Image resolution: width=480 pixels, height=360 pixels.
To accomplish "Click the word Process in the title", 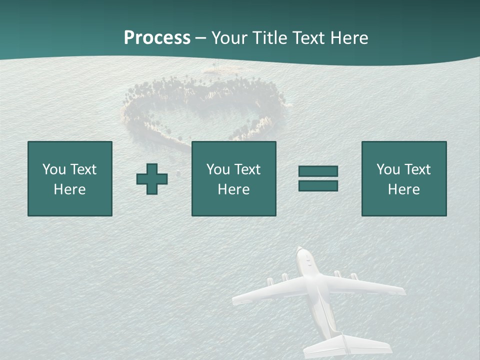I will pyautogui.click(x=157, y=38).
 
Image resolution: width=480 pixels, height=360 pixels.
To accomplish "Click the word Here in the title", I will pyautogui.click(x=350, y=38).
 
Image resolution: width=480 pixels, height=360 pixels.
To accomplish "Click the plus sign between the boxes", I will pyautogui.click(x=152, y=179).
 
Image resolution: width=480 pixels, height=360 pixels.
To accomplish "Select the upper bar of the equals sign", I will pyautogui.click(x=318, y=171).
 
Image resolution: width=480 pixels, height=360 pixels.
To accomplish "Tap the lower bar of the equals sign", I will pyautogui.click(x=318, y=185).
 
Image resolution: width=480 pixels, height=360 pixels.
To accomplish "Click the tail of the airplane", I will pyautogui.click(x=345, y=345).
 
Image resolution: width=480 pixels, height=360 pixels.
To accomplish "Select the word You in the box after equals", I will pyautogui.click(x=387, y=169).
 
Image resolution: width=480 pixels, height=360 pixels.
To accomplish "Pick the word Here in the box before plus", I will pyautogui.click(x=70, y=189).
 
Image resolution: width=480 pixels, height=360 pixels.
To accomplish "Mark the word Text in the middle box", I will pyautogui.click(x=247, y=169).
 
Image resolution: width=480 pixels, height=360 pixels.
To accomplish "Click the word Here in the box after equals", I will pyautogui.click(x=404, y=189).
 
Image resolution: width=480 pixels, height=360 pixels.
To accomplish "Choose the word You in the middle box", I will pyautogui.click(x=217, y=169).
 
